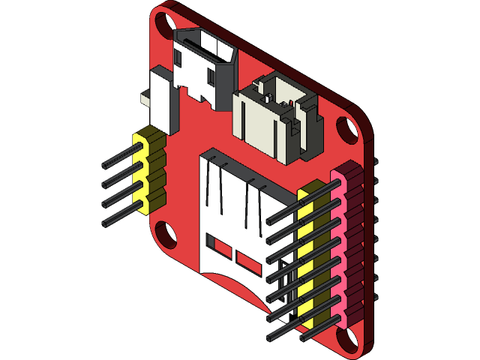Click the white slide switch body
[163, 97]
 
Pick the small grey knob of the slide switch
[147, 97]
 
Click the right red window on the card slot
[247, 260]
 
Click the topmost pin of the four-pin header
[120, 158]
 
